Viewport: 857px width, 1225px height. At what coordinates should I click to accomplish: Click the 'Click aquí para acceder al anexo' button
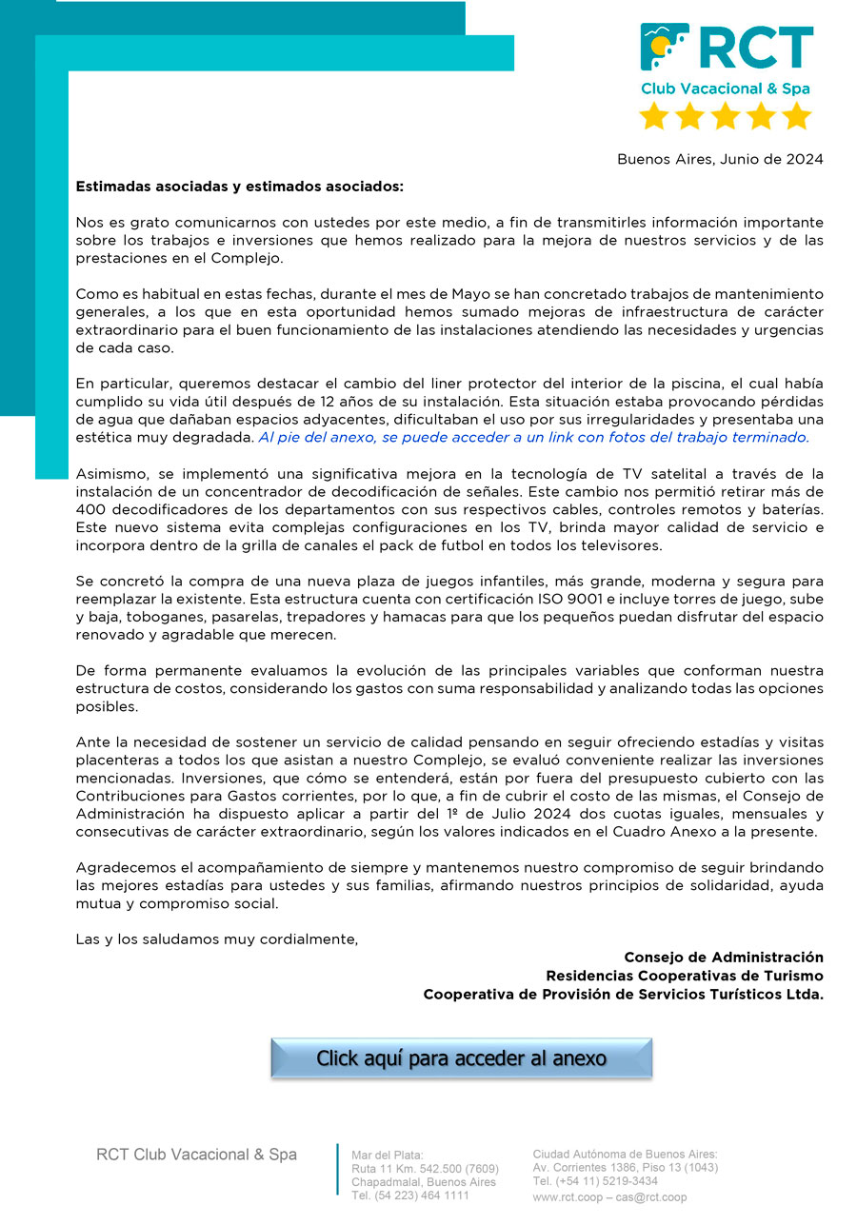461,1057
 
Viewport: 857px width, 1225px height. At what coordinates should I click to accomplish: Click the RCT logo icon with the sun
665,49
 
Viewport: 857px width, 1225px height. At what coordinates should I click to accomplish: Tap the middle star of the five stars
726,115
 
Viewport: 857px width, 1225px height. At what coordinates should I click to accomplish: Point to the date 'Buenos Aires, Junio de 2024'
720,159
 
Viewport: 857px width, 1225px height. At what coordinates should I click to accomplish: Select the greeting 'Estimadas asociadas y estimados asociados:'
240,187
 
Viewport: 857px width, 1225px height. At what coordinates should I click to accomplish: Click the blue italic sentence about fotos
533,437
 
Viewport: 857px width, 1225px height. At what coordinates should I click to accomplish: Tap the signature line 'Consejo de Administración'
724,957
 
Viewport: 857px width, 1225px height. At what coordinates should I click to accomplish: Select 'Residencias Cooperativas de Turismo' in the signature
685,976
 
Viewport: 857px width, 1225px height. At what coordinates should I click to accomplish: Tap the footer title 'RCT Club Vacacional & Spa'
196,1155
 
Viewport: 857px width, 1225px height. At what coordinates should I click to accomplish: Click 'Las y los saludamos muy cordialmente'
216,939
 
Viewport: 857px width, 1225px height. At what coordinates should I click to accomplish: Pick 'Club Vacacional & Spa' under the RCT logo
725,89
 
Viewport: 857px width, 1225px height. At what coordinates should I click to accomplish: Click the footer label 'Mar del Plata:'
388,1155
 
